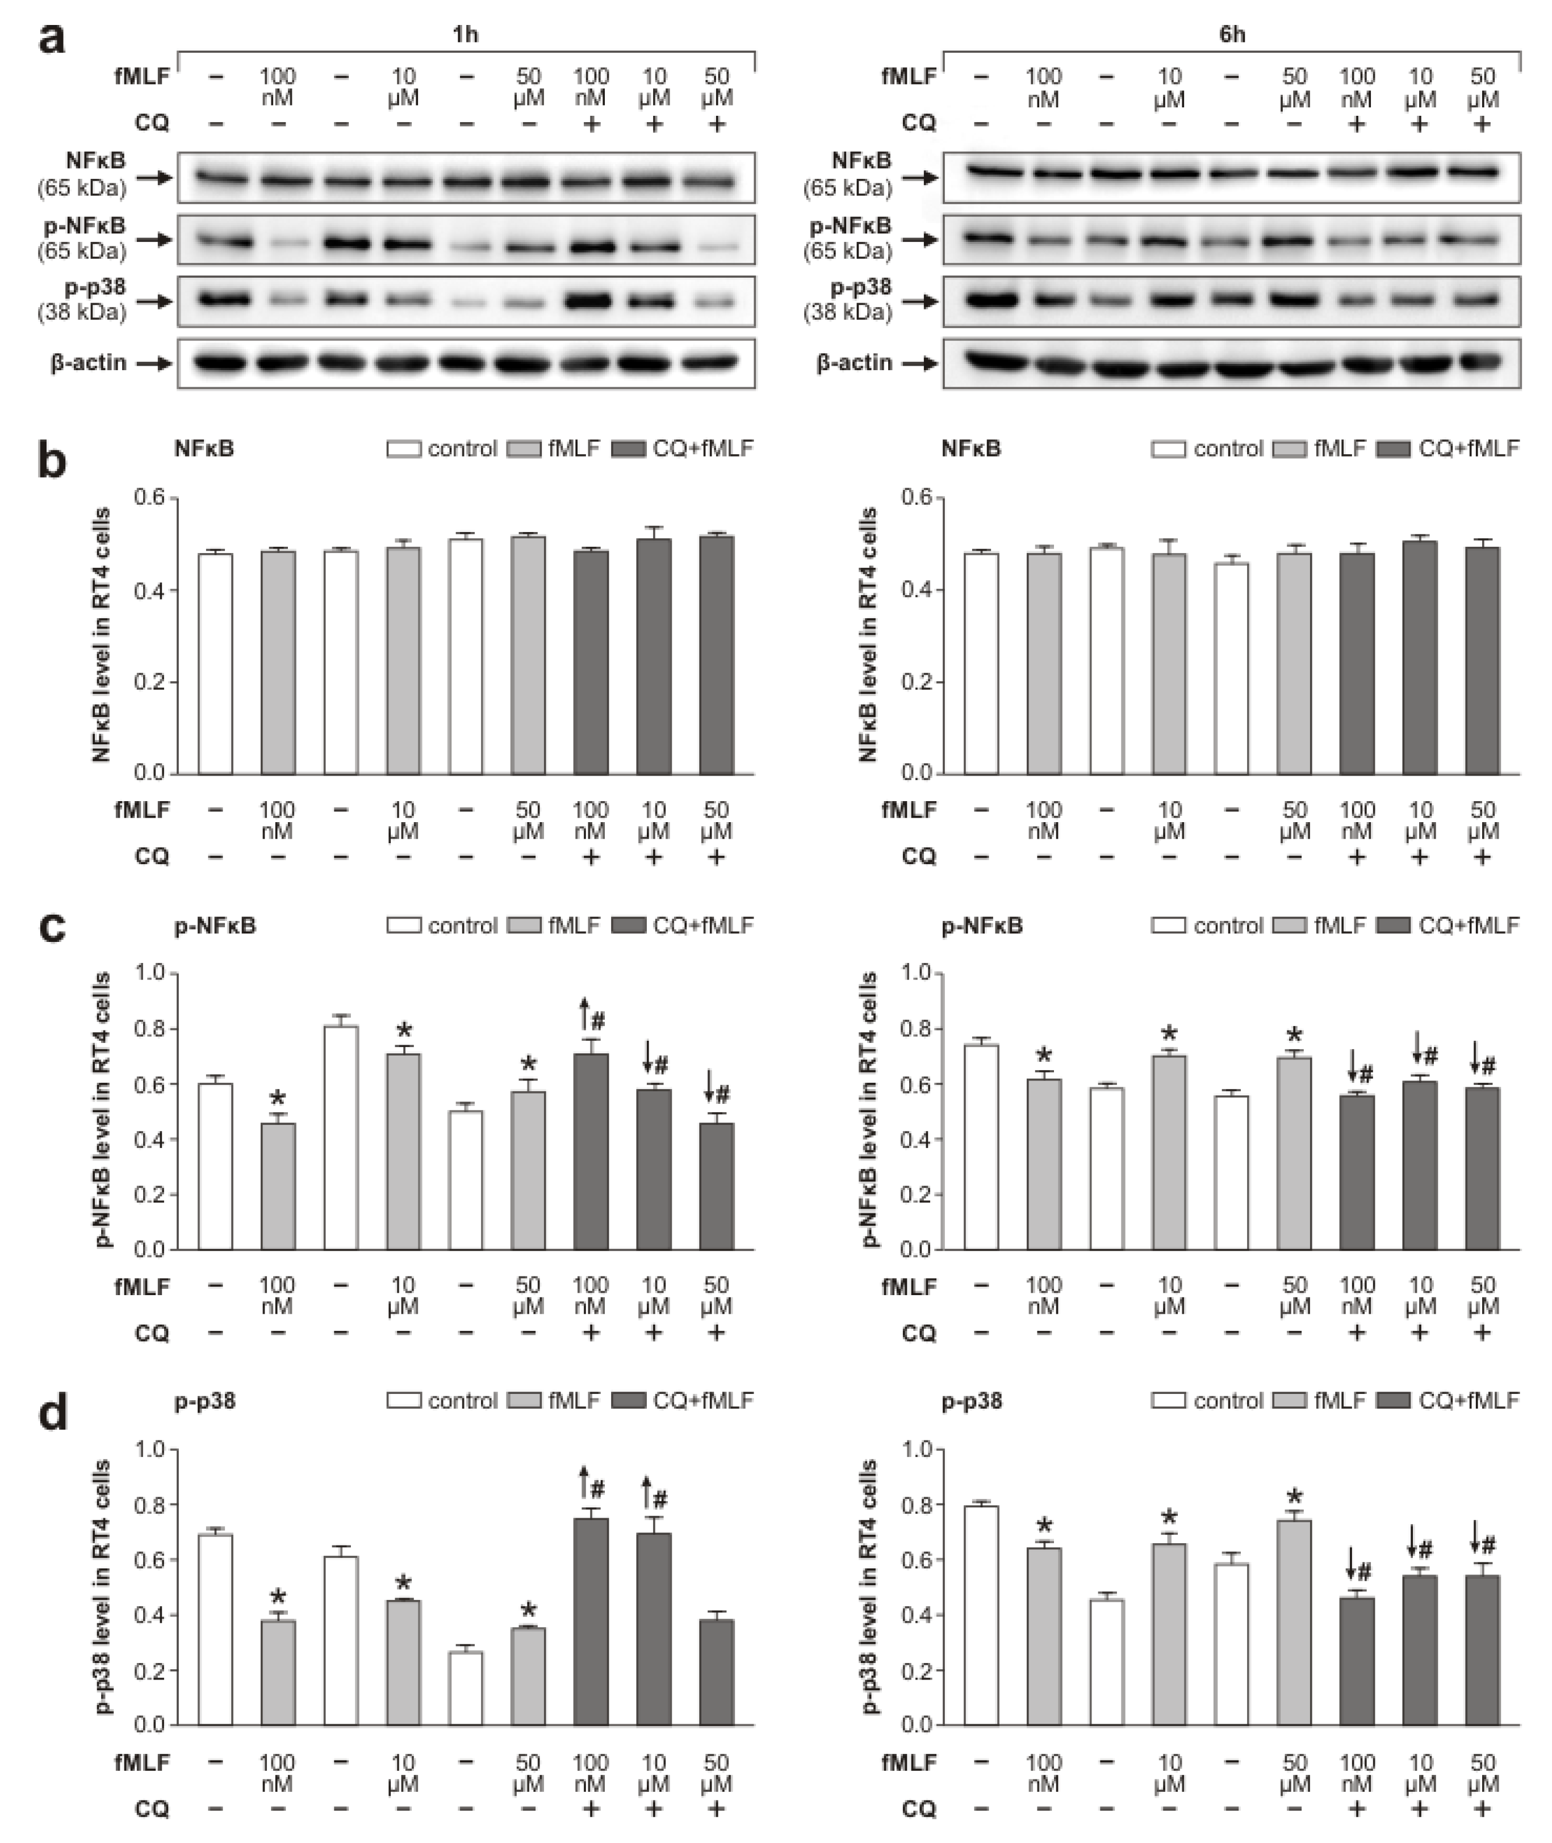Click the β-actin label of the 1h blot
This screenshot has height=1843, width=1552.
point(88,362)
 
